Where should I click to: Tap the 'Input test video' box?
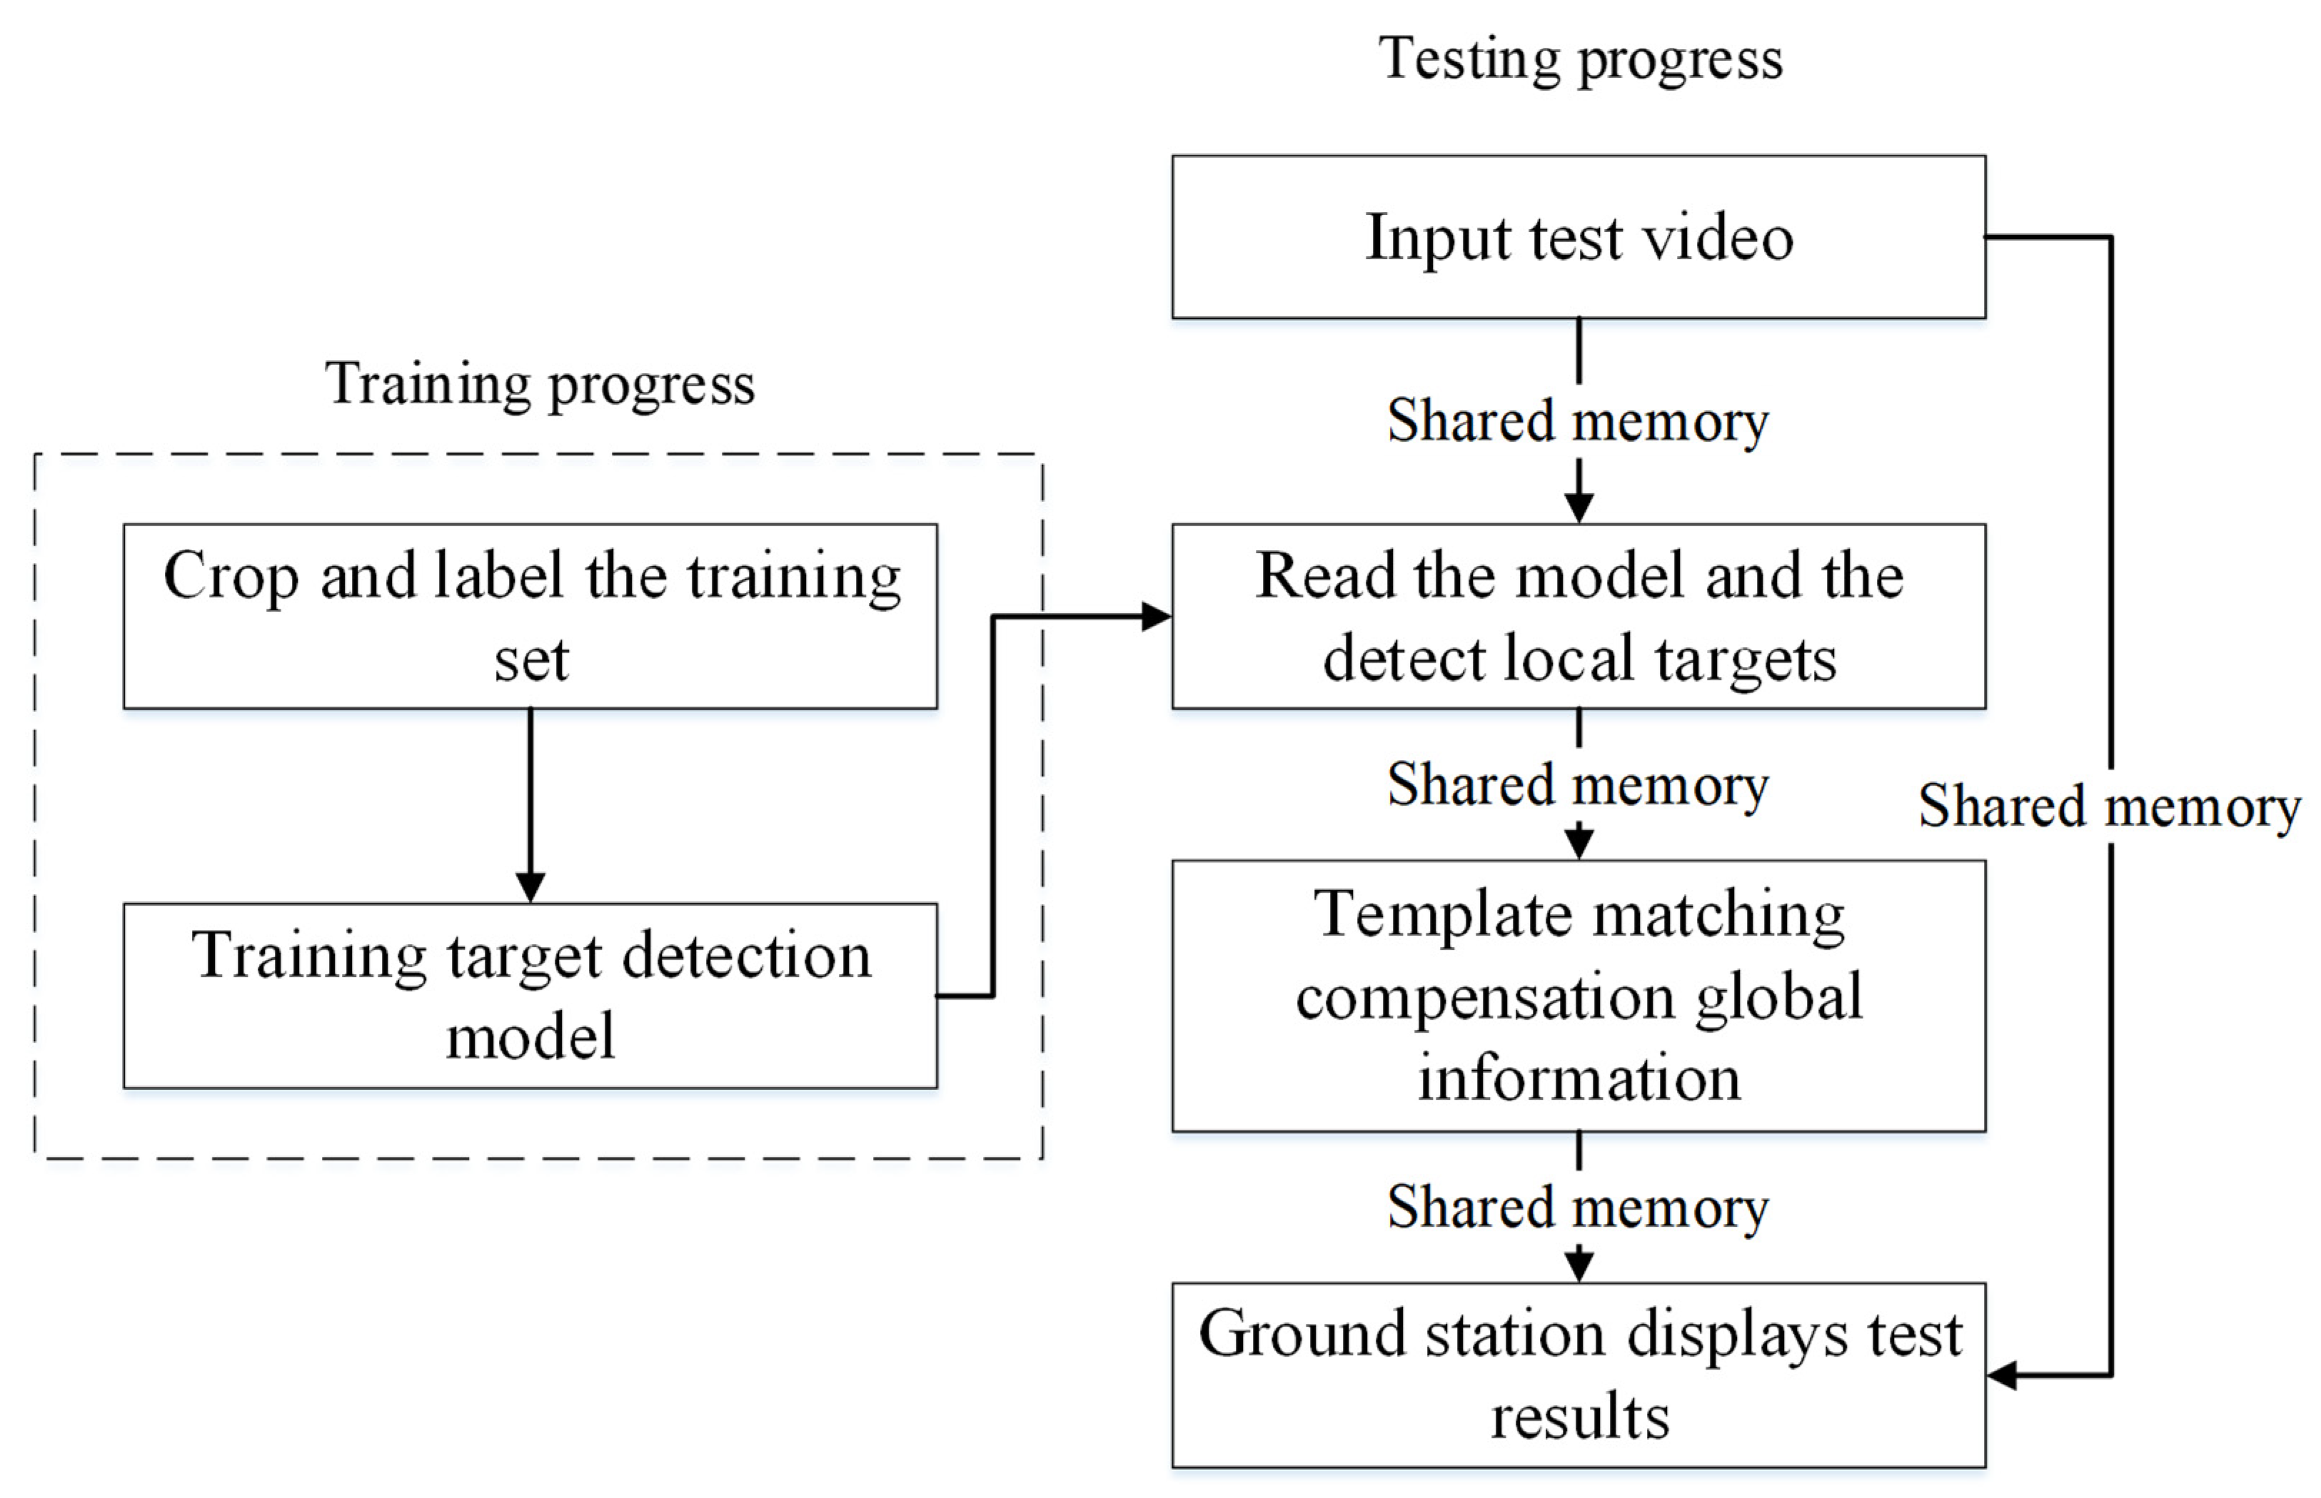[1578, 236]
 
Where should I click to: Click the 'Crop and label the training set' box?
[530, 616]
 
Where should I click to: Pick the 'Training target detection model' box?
[530, 994]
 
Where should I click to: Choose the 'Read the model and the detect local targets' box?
[1578, 616]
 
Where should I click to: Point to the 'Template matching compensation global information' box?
[1578, 994]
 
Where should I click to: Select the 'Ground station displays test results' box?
[1578, 1374]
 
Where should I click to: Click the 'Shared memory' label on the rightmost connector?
[2109, 806]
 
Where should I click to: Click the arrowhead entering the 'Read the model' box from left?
[1157, 616]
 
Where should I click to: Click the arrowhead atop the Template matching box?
[1579, 842]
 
